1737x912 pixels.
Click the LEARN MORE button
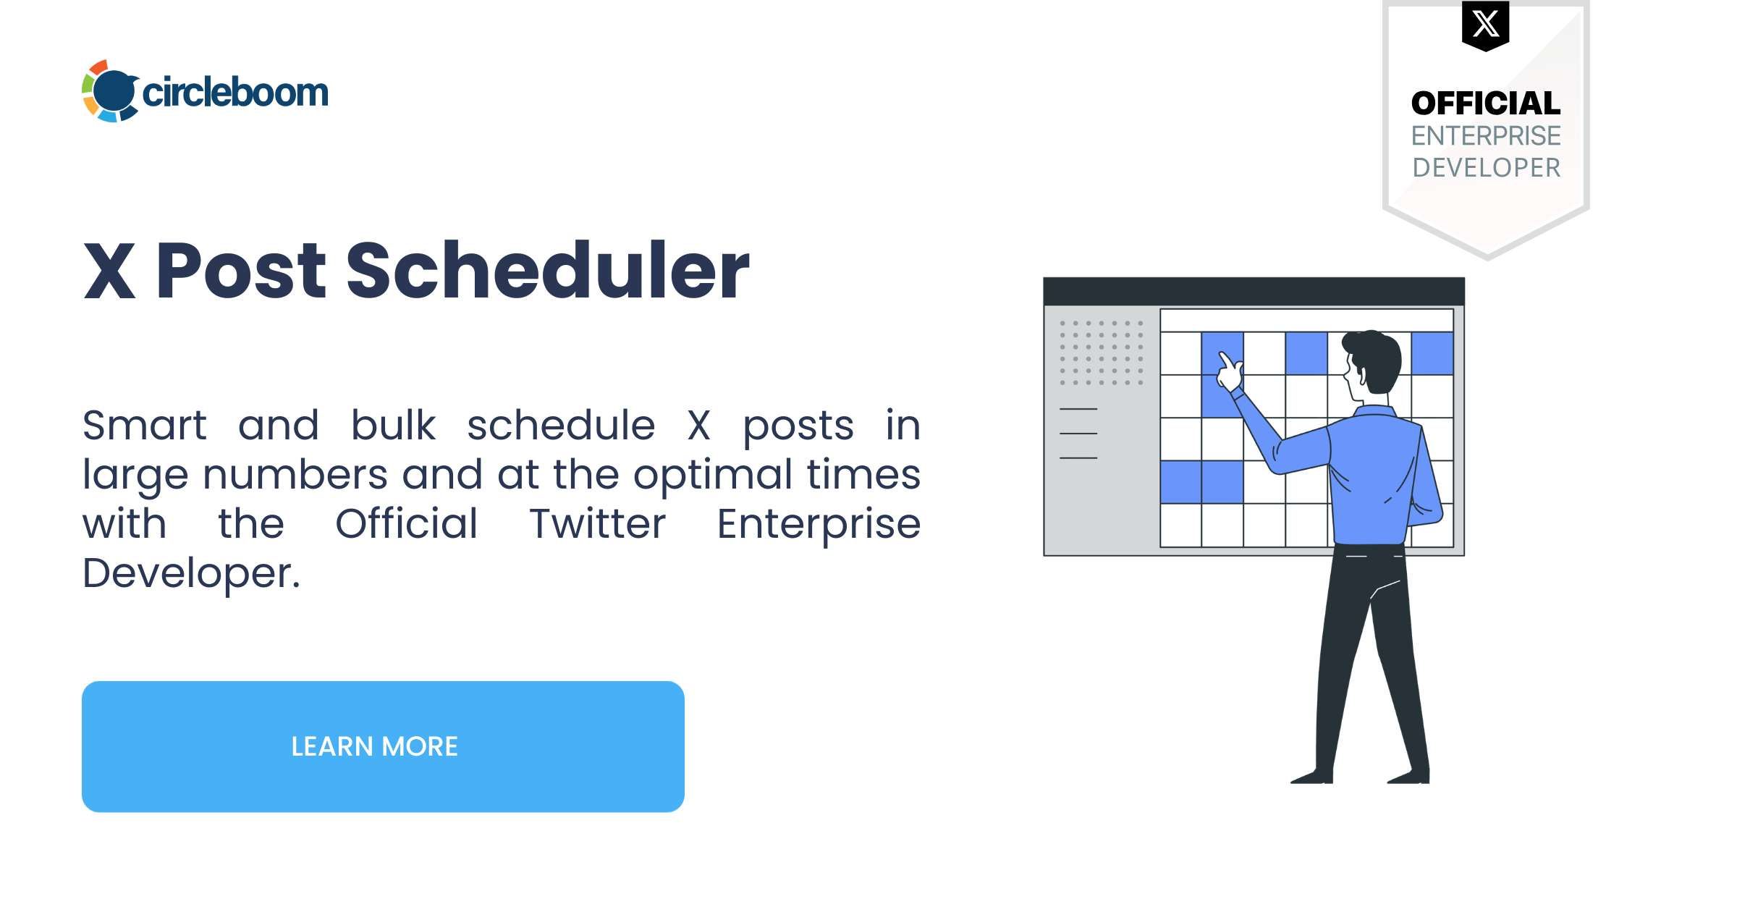[383, 746]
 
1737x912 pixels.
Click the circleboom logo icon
[110, 91]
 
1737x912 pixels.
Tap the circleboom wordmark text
[235, 93]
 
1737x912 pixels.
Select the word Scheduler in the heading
[547, 271]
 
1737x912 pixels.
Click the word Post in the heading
[241, 271]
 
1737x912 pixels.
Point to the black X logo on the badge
[1486, 25]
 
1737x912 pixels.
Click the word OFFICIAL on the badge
[1486, 104]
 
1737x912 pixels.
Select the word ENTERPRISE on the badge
[1486, 136]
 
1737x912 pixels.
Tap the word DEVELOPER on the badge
[1486, 168]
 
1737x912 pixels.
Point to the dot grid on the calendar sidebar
[1102, 352]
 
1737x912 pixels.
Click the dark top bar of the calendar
[1254, 291]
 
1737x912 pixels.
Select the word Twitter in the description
[597, 523]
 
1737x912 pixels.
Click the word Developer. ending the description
[191, 574]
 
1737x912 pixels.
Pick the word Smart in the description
[145, 425]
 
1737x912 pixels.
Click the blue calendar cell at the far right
[1432, 353]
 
